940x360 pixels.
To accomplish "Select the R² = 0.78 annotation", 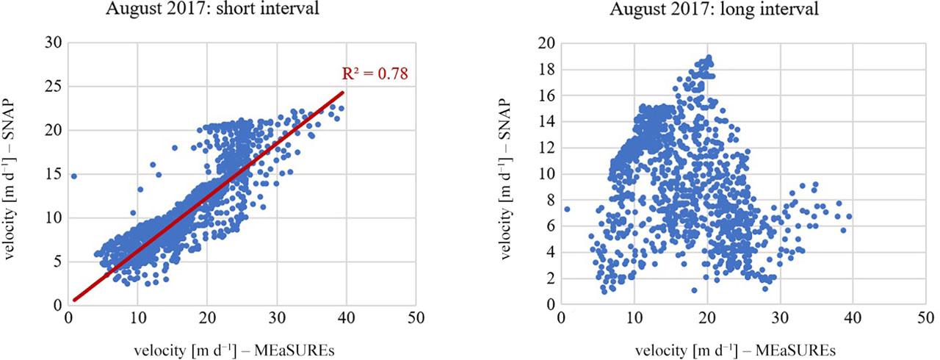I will tap(375, 73).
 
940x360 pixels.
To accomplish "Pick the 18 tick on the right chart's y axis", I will tap(545, 70).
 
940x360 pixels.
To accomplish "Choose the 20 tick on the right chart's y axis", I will tap(545, 43).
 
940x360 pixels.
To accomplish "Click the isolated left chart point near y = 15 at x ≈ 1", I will tap(73, 176).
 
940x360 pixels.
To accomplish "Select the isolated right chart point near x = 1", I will tap(566, 209).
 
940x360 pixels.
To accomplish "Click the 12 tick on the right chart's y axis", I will tap(545, 148).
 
